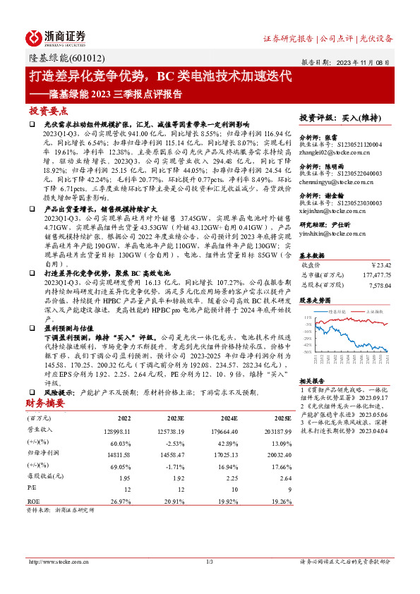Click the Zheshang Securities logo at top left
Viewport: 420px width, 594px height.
tap(55, 37)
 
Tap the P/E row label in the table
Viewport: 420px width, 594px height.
tap(32, 487)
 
